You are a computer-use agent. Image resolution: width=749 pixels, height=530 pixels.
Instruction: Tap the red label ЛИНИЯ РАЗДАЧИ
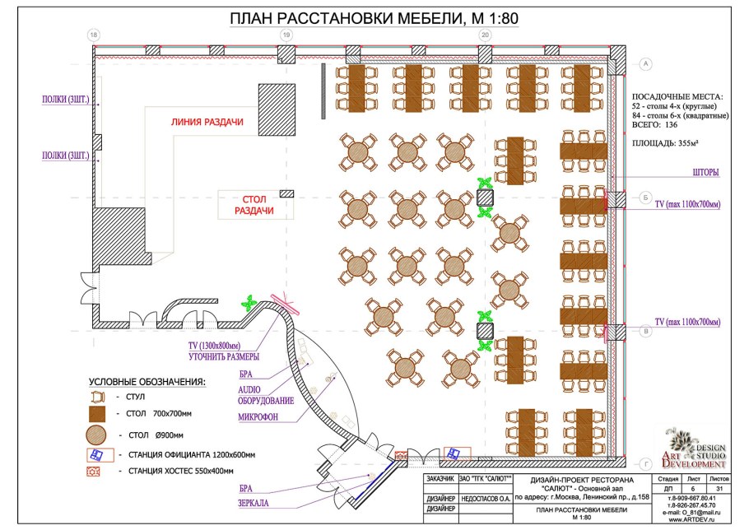tap(207, 122)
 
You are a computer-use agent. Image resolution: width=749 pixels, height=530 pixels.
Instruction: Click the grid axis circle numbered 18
tap(94, 35)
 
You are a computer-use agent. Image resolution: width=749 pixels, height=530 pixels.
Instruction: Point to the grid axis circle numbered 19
tap(286, 35)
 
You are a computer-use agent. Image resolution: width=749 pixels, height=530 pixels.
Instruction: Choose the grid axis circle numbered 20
tap(485, 35)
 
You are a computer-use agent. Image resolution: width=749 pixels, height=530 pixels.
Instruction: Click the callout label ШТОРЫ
tap(707, 173)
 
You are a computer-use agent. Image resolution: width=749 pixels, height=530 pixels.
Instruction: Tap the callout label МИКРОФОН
tap(257, 416)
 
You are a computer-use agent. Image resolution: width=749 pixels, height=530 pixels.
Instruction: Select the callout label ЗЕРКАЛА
tap(256, 503)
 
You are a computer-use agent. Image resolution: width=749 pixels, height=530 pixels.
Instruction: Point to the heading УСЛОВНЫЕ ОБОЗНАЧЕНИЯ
tap(147, 383)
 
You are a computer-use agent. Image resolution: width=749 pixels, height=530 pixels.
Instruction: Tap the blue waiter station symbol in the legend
tap(96, 454)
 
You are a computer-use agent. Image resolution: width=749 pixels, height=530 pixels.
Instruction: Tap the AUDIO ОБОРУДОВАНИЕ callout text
tap(265, 394)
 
